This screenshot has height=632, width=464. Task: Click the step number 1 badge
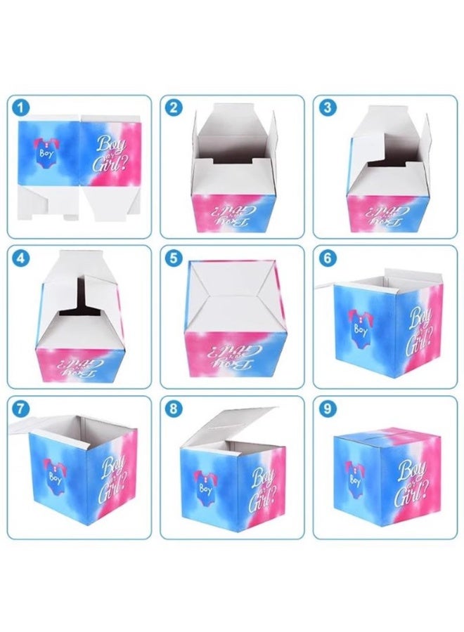(22, 107)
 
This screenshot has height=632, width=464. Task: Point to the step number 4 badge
(22, 258)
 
